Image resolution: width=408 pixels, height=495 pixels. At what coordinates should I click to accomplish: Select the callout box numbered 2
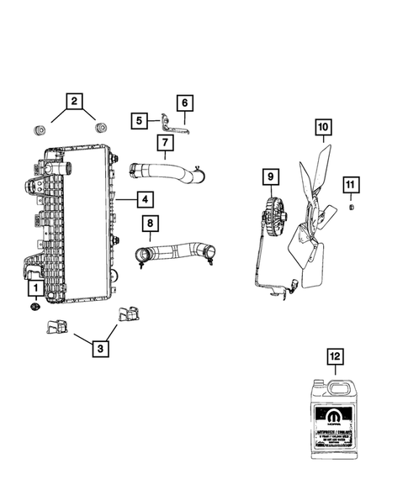click(75, 102)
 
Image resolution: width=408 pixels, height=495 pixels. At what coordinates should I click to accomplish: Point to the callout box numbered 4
click(146, 199)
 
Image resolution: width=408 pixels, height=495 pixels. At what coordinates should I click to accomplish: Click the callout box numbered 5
click(138, 121)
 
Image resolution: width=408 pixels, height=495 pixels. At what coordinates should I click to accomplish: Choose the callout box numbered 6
click(184, 103)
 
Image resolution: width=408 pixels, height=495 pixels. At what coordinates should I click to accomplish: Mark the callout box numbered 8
click(150, 224)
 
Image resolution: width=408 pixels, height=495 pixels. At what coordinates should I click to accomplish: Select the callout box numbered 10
click(324, 129)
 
